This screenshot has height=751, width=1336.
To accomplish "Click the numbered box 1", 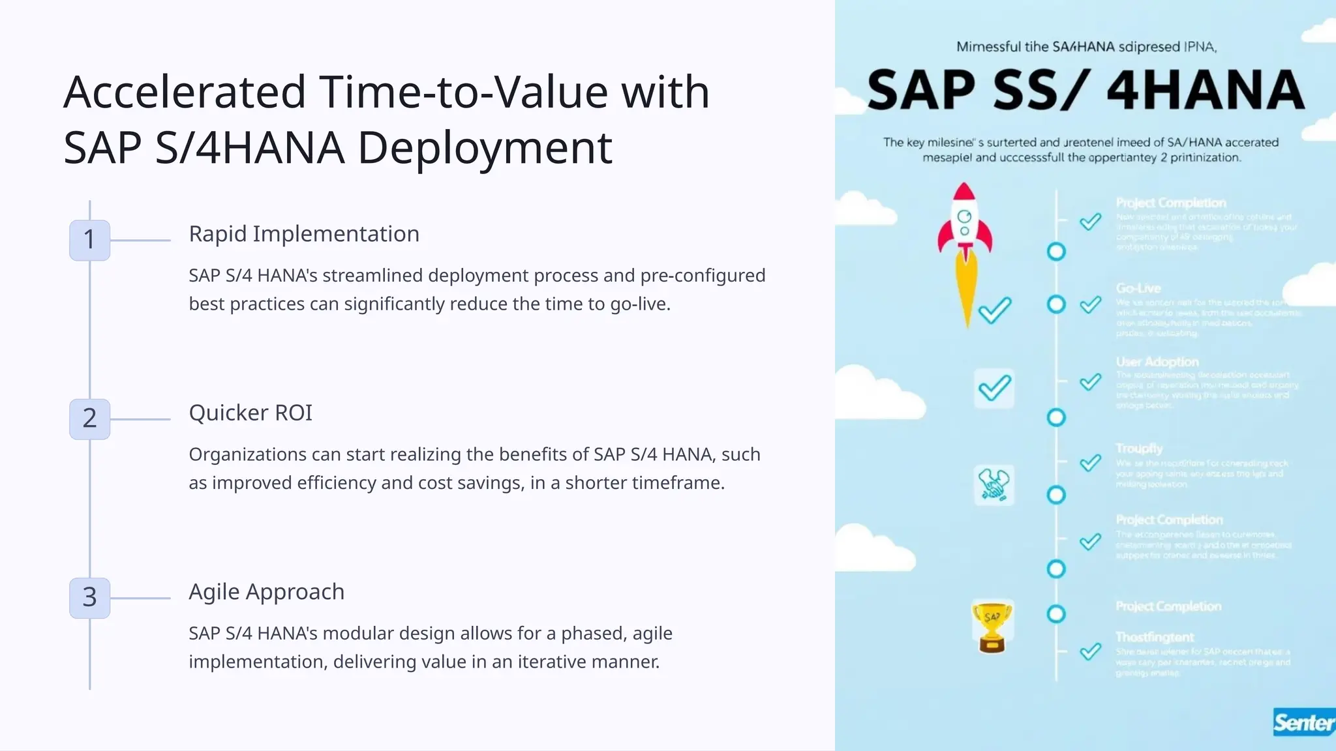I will [x=89, y=240].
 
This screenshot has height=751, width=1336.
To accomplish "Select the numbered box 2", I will [x=89, y=419].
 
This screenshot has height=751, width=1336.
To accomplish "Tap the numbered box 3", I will [x=89, y=597].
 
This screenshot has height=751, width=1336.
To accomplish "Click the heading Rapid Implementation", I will [x=303, y=234].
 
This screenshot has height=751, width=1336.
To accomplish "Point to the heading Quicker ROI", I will [x=250, y=413].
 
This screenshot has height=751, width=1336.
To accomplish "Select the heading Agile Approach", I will [x=266, y=592].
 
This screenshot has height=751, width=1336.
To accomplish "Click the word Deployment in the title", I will [x=485, y=148].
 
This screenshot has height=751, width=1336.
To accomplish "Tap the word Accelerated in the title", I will [x=185, y=92].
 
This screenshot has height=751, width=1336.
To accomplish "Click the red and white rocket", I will [x=964, y=222].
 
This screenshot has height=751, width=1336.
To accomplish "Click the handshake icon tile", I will [x=994, y=485].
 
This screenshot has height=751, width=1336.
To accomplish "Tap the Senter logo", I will [x=1303, y=722].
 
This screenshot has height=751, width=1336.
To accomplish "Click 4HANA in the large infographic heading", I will [x=1206, y=91].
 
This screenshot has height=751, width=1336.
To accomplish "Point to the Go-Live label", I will [x=1138, y=289].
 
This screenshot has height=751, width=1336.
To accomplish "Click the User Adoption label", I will [x=1157, y=362].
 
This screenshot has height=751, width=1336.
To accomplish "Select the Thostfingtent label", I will [x=1155, y=637].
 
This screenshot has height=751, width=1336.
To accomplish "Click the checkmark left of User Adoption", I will [x=1090, y=382].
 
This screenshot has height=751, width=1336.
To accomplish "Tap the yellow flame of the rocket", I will [x=965, y=287].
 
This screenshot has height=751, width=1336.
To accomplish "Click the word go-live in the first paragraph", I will [x=639, y=304].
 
